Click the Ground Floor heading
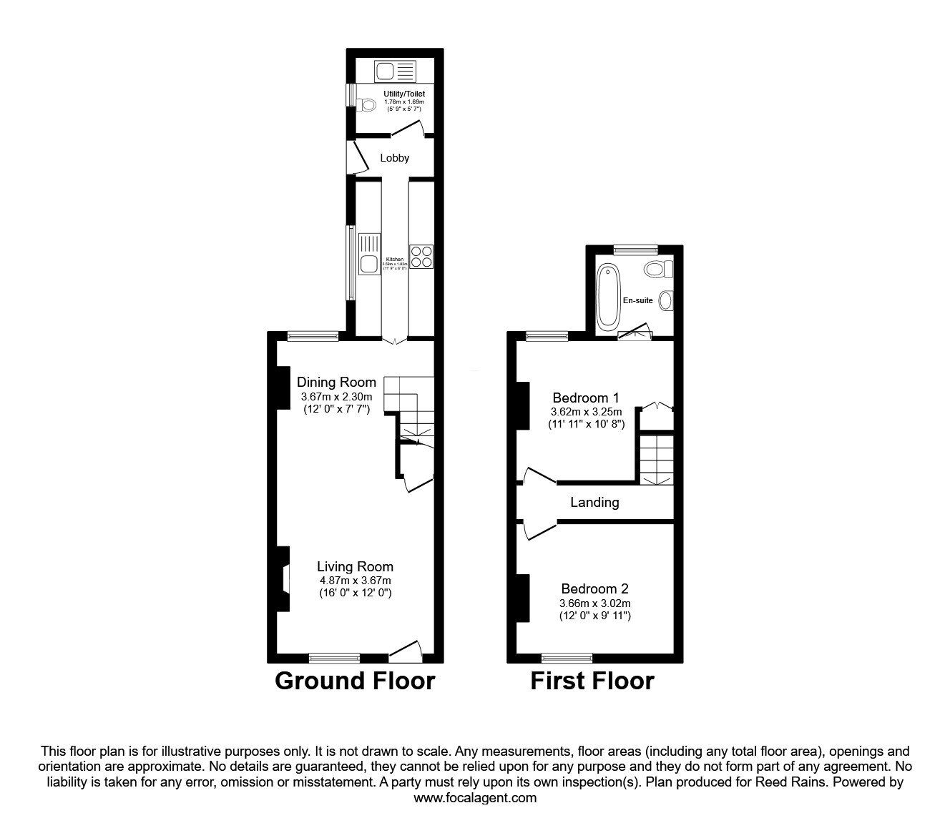(354, 681)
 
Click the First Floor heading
(592, 681)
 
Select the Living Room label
(356, 567)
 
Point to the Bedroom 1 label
(586, 398)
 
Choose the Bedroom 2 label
(594, 588)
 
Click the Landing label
(594, 503)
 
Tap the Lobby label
(394, 158)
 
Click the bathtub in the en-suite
(609, 297)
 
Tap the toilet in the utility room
(367, 105)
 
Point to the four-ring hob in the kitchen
(421, 256)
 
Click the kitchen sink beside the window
(370, 262)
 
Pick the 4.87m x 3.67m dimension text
(356, 581)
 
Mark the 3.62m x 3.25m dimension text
(586, 412)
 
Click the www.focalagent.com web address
(475, 798)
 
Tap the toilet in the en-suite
(657, 269)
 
